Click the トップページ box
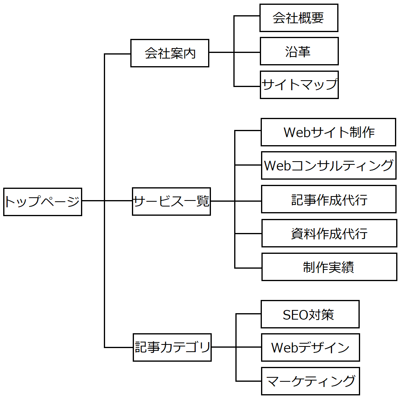click(43, 202)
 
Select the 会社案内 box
click(170, 53)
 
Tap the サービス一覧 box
click(171, 201)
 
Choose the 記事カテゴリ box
click(172, 347)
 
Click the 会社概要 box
click(299, 18)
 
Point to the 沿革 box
click(299, 51)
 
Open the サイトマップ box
click(299, 85)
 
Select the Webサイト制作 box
click(328, 132)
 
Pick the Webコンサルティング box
click(328, 165)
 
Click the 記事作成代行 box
click(328, 199)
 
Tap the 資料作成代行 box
click(329, 233)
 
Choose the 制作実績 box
click(329, 267)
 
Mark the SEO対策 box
click(310, 314)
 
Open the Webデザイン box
click(310, 348)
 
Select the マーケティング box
click(310, 381)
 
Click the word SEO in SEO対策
click(296, 315)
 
